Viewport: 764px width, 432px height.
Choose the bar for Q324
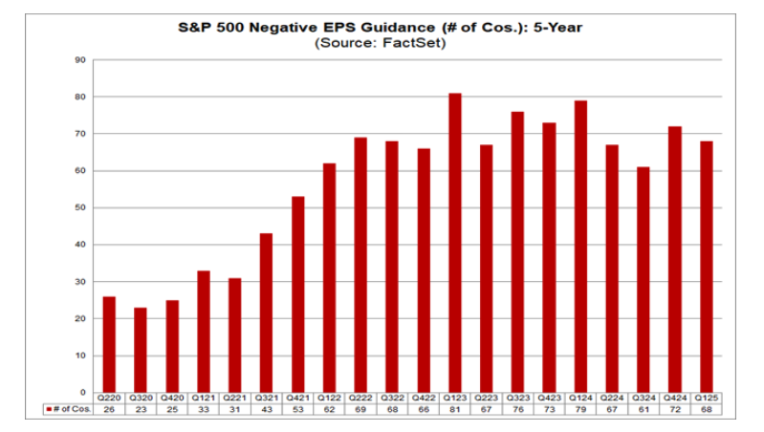pos(644,280)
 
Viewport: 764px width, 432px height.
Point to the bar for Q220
pos(108,344)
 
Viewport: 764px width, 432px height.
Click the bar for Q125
pos(707,267)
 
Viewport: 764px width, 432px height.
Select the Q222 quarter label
pos(360,398)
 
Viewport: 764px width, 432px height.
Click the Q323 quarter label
pos(517,398)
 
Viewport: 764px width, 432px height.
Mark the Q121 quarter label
pos(203,398)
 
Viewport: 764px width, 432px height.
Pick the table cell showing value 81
pos(454,409)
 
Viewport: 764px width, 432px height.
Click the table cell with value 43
pos(266,409)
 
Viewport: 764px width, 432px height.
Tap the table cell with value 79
pos(580,409)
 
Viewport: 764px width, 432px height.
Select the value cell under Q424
pos(675,409)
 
